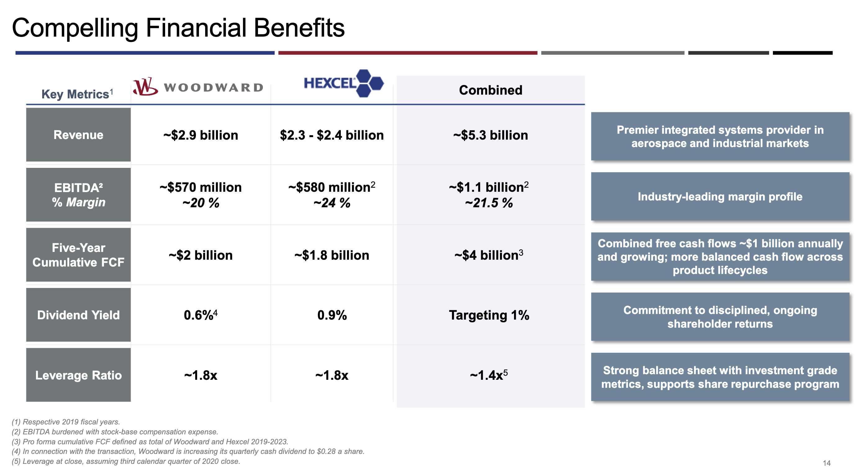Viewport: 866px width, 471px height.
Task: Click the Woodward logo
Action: click(x=198, y=87)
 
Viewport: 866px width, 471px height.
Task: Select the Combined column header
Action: click(x=490, y=90)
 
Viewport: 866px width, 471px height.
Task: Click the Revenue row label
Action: click(x=78, y=135)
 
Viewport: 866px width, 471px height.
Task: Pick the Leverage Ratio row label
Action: click(x=78, y=375)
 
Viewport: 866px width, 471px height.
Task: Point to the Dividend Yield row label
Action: click(x=78, y=315)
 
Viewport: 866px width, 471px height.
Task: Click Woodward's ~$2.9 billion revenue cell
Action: click(x=201, y=135)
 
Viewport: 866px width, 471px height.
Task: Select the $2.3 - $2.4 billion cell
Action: click(x=332, y=135)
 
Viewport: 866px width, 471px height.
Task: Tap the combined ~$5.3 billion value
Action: click(x=490, y=135)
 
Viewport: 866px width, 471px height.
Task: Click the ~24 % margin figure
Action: click(x=332, y=203)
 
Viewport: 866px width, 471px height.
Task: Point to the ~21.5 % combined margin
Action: click(x=489, y=203)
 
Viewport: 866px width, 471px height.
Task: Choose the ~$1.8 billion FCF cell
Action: click(x=332, y=255)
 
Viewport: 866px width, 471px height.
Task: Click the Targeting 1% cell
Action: click(x=489, y=315)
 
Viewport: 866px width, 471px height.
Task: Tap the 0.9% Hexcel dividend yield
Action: click(x=332, y=315)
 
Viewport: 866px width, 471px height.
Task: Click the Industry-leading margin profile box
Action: click(x=720, y=196)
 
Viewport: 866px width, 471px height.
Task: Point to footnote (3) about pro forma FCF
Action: click(x=150, y=442)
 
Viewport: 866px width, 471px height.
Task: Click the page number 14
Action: click(x=826, y=463)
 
